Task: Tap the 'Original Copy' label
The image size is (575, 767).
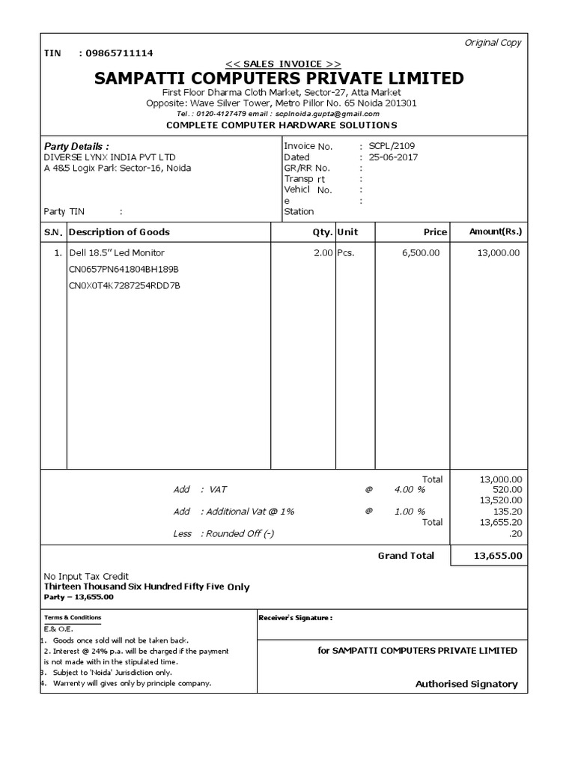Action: [x=493, y=43]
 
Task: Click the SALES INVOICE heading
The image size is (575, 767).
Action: [x=283, y=64]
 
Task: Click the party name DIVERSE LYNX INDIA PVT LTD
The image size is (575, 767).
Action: [x=110, y=157]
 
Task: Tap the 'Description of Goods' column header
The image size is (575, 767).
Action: [x=119, y=232]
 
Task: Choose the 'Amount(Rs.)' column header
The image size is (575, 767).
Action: [x=495, y=232]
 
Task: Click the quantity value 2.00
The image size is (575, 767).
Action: [x=323, y=253]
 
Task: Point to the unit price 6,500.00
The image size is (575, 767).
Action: [x=421, y=253]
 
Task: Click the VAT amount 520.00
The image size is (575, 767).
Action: [x=508, y=489]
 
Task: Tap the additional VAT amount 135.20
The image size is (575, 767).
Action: [x=508, y=511]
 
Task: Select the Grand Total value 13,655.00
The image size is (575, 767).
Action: [x=498, y=556]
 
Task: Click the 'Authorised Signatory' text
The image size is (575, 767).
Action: [x=466, y=684]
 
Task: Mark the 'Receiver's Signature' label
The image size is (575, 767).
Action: [x=295, y=618]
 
